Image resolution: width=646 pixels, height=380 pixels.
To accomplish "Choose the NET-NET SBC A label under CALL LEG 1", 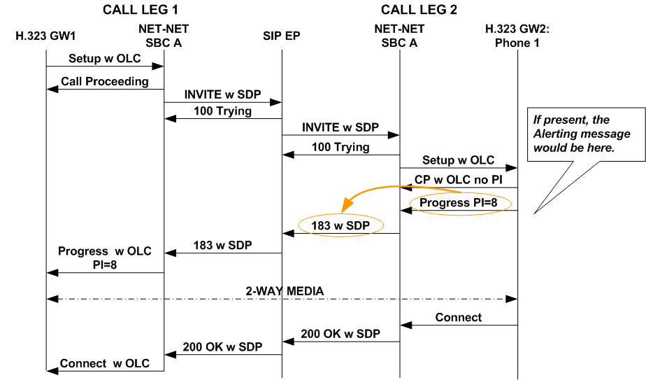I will [164, 36].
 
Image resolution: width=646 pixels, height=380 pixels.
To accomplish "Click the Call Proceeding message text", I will [104, 81].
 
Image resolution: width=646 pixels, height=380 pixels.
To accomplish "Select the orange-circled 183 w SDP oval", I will [341, 225].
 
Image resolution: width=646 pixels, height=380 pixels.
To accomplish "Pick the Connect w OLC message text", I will [104, 363].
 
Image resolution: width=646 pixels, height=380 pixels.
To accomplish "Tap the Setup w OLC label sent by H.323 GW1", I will [104, 58].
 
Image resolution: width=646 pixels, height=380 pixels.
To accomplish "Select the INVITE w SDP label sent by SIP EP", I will [340, 127].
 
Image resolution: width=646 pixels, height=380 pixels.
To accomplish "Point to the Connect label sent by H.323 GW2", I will [458, 317].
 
